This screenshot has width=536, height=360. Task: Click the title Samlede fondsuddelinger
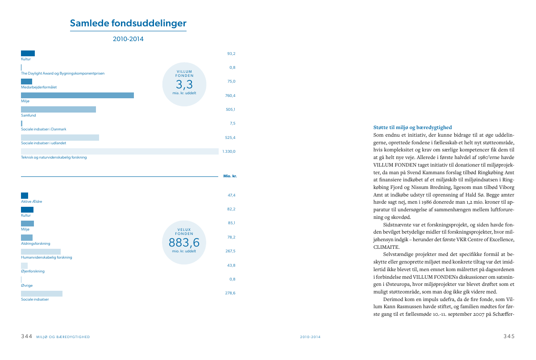pyautogui.click(x=128, y=23)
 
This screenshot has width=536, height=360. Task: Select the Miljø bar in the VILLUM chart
pyautogui.click(x=77, y=95)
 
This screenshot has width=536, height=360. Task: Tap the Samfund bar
pyautogui.click(x=58, y=109)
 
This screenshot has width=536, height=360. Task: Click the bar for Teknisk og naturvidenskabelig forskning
pyautogui.click(x=120, y=151)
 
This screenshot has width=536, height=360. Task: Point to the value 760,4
pyautogui.click(x=230, y=96)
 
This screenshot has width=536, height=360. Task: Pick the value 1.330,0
pyautogui.click(x=229, y=151)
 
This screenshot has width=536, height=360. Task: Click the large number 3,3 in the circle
pyautogui.click(x=184, y=84)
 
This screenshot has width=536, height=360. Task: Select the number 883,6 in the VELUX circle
pyautogui.click(x=184, y=243)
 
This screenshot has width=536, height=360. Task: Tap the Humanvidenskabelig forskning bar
pyautogui.click(x=41, y=251)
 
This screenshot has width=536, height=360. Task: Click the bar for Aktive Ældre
pyautogui.click(x=25, y=196)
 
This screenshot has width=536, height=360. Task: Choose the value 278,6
pyautogui.click(x=230, y=293)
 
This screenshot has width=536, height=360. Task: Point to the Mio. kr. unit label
pyautogui.click(x=230, y=176)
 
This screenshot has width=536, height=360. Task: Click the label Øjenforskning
pyautogui.click(x=33, y=271)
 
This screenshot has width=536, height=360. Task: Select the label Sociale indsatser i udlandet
pyautogui.click(x=44, y=143)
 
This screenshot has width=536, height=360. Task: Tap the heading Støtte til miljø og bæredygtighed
pyautogui.click(x=412, y=127)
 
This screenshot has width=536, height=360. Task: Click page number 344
pyautogui.click(x=27, y=336)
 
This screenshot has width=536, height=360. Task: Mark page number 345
pyautogui.click(x=509, y=336)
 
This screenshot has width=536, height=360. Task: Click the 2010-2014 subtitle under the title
pyautogui.click(x=128, y=39)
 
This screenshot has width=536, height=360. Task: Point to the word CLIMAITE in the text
pyautogui.click(x=386, y=247)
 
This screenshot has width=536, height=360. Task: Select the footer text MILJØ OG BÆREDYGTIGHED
pyautogui.click(x=63, y=337)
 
